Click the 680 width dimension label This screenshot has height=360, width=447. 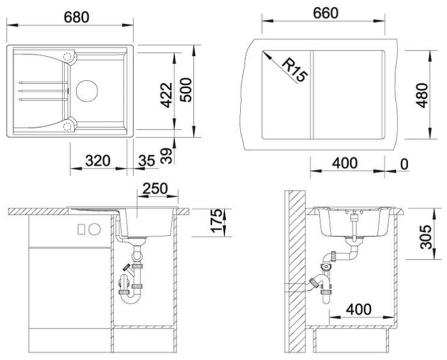[76, 17]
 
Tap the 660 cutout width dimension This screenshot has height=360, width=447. [325, 13]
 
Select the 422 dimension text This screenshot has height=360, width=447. [166, 95]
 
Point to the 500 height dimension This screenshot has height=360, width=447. [186, 90]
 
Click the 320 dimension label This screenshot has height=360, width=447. [98, 161]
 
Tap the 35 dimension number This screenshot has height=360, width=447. [147, 161]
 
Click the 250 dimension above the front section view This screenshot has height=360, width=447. [155, 188]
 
